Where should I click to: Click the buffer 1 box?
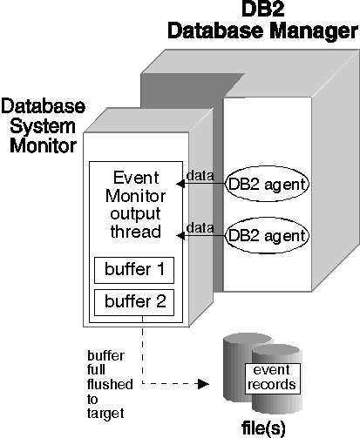134,270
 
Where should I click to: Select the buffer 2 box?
134,302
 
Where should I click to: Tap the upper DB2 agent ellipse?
267,184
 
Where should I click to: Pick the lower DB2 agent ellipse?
267,235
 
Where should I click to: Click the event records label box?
273,378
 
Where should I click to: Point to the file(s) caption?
263,428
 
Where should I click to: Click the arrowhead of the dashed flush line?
203,384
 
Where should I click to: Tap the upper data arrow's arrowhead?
180,184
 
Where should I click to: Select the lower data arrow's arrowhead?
180,235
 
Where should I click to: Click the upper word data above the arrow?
200,175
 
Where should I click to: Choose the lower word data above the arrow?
200,227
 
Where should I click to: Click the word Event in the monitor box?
136,178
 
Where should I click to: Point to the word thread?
135,232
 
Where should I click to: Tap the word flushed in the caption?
110,384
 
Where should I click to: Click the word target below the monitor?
105,414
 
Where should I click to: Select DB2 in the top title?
262,9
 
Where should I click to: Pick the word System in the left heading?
43,126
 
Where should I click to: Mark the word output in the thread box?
135,214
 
